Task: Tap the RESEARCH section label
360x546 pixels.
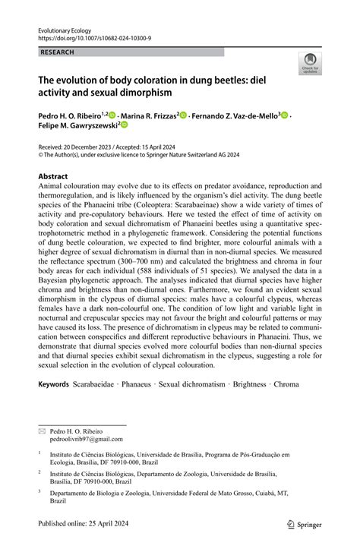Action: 57,52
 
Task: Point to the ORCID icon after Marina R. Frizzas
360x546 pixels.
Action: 183,115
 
